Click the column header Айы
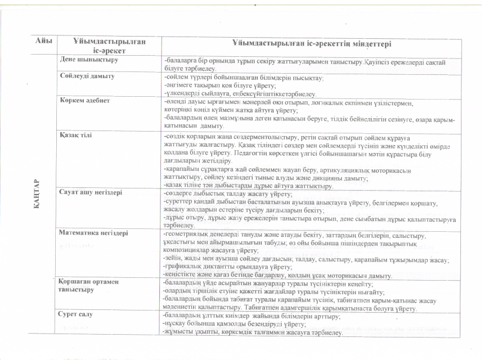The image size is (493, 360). click(x=44, y=41)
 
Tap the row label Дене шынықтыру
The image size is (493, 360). click(x=85, y=58)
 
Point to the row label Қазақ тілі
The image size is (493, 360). click(x=76, y=136)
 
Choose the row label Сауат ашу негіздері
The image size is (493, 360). click(x=91, y=191)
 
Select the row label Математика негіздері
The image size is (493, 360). click(x=94, y=232)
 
